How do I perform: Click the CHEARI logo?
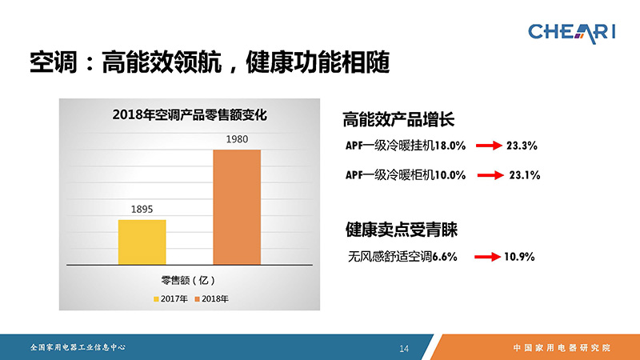click(x=571, y=33)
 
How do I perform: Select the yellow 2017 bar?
click(x=142, y=242)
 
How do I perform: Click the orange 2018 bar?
click(x=237, y=207)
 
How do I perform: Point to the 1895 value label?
click(x=142, y=210)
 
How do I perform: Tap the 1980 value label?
click(x=237, y=139)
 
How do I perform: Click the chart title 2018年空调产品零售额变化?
click(x=190, y=114)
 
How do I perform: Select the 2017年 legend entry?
click(x=170, y=298)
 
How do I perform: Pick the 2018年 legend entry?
click(x=211, y=298)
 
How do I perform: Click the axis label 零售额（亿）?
click(x=188, y=281)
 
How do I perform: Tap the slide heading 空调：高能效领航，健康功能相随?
click(x=210, y=62)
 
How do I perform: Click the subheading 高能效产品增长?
click(x=398, y=119)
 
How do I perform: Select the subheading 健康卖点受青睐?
click(x=402, y=229)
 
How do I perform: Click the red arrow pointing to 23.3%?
click(x=489, y=146)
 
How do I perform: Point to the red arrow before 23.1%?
click(x=490, y=175)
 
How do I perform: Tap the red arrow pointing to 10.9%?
click(x=487, y=257)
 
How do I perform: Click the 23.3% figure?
click(x=522, y=146)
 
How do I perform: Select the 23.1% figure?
click(x=525, y=175)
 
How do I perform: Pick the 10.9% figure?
click(x=519, y=257)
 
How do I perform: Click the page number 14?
click(x=404, y=348)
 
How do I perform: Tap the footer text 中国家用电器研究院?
click(x=562, y=348)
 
